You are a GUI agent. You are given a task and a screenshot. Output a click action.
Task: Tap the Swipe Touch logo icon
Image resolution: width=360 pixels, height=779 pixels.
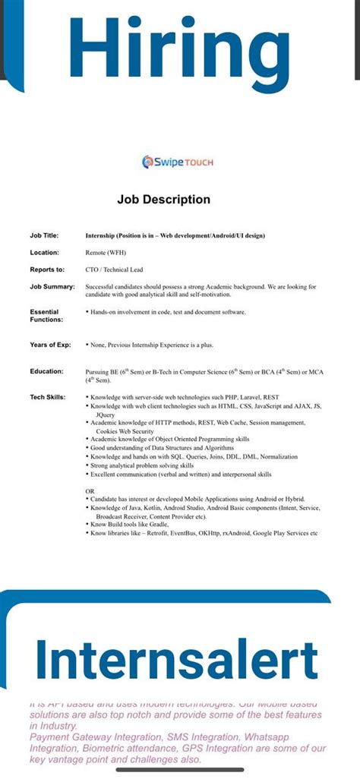click(149, 162)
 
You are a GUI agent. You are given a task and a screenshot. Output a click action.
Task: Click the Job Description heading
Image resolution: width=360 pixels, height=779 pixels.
click(163, 200)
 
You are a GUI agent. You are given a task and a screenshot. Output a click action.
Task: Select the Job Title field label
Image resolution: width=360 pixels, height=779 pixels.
click(44, 235)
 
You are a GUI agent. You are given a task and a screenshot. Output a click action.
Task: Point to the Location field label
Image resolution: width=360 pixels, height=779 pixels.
click(44, 252)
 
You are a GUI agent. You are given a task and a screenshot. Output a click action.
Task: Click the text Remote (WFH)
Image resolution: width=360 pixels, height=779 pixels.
click(106, 252)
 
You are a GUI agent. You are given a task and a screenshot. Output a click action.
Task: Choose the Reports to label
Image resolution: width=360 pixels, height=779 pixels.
click(46, 269)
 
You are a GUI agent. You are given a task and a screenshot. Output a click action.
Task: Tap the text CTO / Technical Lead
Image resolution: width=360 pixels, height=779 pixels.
click(115, 269)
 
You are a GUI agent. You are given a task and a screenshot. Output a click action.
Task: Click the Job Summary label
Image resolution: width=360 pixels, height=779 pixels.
click(52, 286)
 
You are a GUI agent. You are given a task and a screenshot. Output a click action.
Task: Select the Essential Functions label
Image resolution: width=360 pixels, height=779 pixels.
click(46, 315)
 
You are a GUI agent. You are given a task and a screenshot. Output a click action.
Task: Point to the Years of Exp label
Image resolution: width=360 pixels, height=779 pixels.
click(50, 345)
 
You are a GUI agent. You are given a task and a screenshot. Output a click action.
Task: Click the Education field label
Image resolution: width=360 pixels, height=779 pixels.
click(46, 371)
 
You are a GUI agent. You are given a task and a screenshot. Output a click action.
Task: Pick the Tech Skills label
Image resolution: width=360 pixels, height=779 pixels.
click(48, 397)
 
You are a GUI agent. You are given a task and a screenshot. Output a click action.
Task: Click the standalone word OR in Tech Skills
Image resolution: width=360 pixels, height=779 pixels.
click(90, 490)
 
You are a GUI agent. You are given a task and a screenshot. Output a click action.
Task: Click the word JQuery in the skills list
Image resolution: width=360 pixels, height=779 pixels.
click(106, 415)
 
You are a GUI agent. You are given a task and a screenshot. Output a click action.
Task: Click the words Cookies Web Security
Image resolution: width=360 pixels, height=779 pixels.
click(129, 431)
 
